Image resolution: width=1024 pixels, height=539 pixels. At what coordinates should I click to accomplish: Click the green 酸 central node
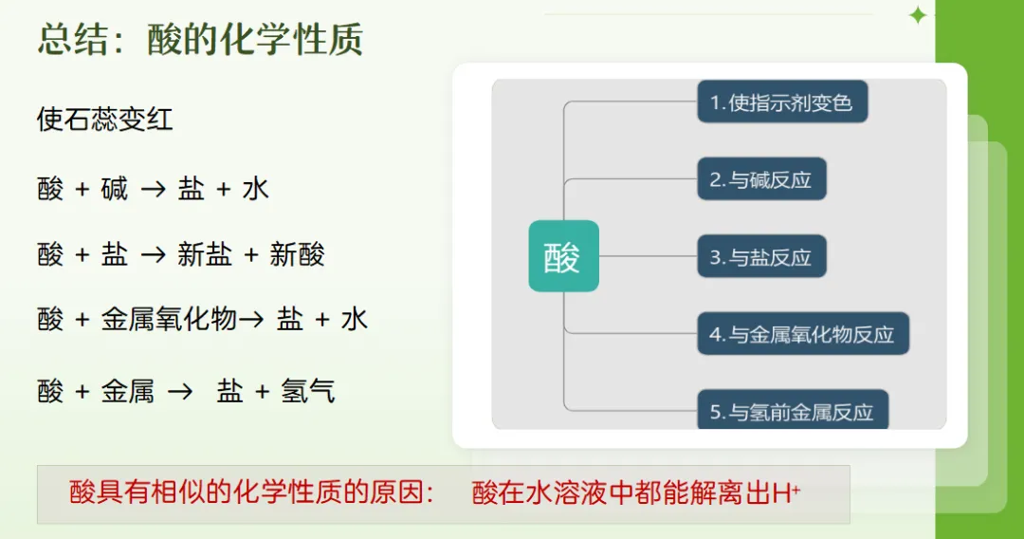pyautogui.click(x=563, y=256)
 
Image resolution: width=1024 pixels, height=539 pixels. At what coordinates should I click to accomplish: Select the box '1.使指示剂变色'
pyautogui.click(x=782, y=102)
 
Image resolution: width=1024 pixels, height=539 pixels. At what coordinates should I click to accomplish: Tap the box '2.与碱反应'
pyautogui.click(x=761, y=179)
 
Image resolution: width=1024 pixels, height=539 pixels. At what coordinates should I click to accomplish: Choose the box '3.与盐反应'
pyautogui.click(x=761, y=257)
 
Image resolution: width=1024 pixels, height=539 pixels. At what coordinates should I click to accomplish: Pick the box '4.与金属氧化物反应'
pyautogui.click(x=803, y=334)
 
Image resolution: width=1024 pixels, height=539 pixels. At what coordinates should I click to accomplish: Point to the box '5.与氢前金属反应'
pyautogui.click(x=793, y=412)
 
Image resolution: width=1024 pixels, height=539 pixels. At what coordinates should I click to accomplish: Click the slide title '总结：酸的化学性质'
pyautogui.click(x=200, y=40)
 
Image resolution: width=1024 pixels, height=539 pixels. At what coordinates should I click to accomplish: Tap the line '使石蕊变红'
pyautogui.click(x=104, y=120)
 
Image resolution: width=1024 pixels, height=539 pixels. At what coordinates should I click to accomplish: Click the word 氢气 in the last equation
pyautogui.click(x=308, y=391)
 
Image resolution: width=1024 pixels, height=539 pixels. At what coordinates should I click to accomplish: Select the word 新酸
pyautogui.click(x=297, y=254)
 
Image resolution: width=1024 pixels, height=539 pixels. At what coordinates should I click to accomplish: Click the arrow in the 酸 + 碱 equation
pyautogui.click(x=153, y=190)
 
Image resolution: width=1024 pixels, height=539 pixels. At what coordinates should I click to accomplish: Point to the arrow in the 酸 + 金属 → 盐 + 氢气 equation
pyautogui.click(x=180, y=391)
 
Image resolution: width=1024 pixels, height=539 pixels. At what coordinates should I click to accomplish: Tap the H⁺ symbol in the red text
pyautogui.click(x=787, y=493)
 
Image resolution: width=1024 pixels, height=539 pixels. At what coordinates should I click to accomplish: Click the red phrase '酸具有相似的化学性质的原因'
pyautogui.click(x=243, y=493)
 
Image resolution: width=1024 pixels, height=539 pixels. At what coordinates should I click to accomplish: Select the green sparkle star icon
pyautogui.click(x=917, y=15)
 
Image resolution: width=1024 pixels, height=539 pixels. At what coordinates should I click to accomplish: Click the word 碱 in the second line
pyautogui.click(x=115, y=190)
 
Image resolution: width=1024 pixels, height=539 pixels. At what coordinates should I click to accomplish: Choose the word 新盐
pyautogui.click(x=205, y=254)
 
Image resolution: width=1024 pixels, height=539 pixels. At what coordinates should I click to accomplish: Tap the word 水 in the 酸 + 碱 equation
pyautogui.click(x=256, y=190)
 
